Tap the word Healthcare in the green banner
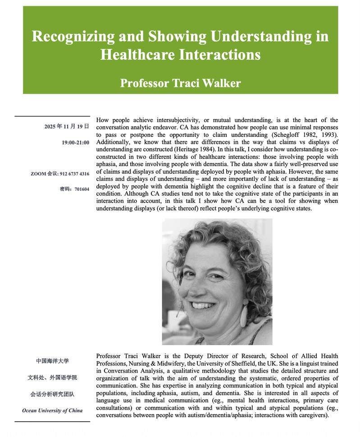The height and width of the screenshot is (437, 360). click(133, 55)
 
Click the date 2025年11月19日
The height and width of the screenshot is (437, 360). click(67, 127)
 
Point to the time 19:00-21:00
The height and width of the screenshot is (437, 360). click(76, 143)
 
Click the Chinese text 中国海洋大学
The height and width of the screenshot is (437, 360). click(52, 361)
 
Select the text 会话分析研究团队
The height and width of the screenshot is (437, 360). click(52, 394)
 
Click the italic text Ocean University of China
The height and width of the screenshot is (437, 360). click(52, 410)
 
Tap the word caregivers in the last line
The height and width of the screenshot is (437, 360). click(311, 415)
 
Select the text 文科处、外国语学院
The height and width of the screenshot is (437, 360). click(52, 378)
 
